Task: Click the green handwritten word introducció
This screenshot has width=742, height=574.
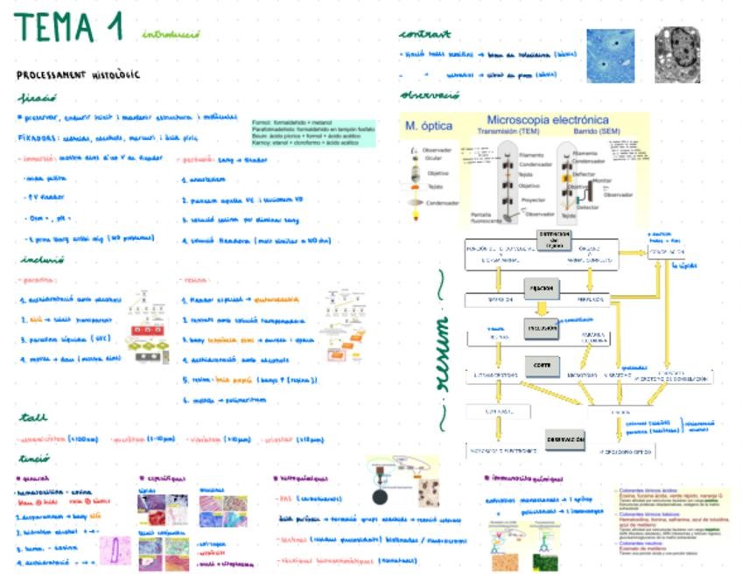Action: click(x=171, y=35)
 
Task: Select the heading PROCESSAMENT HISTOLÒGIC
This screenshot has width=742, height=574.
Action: click(x=78, y=75)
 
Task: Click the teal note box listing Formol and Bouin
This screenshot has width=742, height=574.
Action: click(x=311, y=132)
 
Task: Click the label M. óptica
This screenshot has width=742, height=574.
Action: click(x=423, y=126)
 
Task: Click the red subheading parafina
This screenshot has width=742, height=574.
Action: click(x=35, y=280)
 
